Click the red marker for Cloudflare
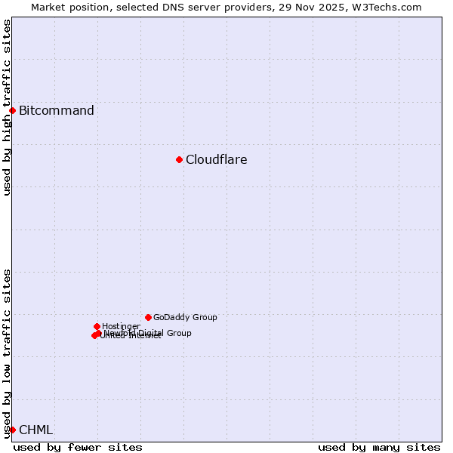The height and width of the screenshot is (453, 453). (x=179, y=159)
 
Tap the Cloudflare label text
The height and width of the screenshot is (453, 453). (x=216, y=159)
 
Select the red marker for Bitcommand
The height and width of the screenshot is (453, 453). (x=12, y=111)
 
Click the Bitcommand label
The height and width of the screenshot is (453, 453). (x=57, y=111)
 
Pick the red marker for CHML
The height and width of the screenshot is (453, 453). (x=12, y=430)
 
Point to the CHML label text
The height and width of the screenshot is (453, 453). (x=35, y=430)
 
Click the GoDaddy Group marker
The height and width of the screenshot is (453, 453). (x=148, y=317)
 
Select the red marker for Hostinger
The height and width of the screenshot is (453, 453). (x=97, y=326)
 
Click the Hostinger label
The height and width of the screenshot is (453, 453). (x=121, y=327)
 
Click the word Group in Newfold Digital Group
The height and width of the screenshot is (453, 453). (x=178, y=333)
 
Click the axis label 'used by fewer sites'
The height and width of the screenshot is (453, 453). (x=78, y=447)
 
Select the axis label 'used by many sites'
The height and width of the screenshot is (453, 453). (x=379, y=447)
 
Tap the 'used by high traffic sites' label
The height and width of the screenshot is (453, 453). (x=8, y=107)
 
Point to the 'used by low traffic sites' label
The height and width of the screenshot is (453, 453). (x=8, y=353)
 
